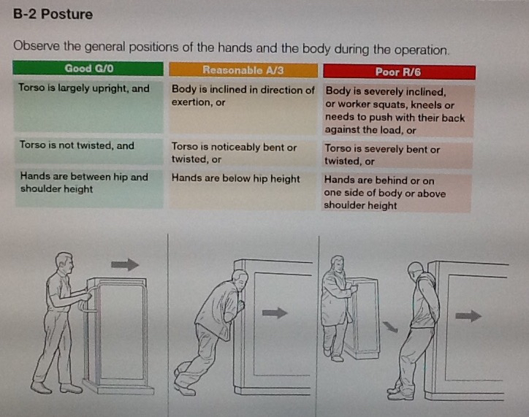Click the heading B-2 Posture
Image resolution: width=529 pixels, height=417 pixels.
[53, 14]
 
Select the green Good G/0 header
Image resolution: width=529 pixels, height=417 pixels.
[88, 69]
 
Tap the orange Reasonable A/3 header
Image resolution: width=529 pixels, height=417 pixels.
[243, 70]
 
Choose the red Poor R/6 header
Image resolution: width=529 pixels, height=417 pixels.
[399, 72]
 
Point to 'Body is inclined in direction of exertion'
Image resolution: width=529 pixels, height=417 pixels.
[243, 96]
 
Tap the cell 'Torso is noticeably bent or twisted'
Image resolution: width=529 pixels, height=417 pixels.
[234, 153]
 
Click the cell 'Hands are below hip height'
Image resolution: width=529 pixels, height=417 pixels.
[235, 178]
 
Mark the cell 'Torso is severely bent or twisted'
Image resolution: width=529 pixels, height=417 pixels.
[382, 155]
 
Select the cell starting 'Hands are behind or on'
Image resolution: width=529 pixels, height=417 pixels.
[384, 193]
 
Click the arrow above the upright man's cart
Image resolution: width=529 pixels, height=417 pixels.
[125, 264]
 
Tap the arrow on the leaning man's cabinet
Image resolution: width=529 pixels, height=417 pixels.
[275, 313]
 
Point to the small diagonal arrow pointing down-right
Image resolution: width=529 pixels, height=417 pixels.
[390, 326]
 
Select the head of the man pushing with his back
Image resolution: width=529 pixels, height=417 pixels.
[415, 272]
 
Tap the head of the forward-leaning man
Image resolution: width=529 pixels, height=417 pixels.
[240, 280]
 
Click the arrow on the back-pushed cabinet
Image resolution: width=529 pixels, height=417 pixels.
[468, 316]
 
